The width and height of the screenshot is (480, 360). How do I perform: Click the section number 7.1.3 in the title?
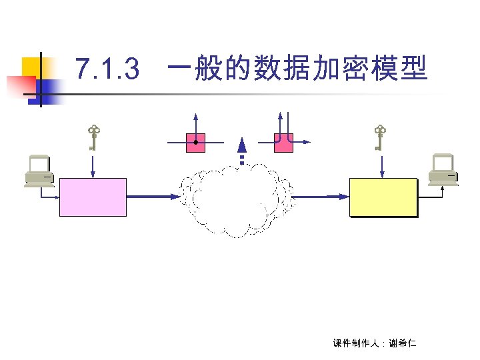(107, 67)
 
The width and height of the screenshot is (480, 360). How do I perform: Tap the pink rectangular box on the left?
(93, 197)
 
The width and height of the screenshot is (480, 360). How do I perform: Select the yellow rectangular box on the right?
(383, 197)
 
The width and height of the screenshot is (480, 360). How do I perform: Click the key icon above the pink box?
(93, 137)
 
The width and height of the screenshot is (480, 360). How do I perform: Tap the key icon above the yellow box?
(380, 137)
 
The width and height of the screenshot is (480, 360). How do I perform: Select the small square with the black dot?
(195, 143)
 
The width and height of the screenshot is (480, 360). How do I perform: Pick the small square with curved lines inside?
(283, 143)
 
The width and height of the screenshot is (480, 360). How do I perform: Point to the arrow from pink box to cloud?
(152, 197)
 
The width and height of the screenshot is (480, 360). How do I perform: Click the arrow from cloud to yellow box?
(320, 197)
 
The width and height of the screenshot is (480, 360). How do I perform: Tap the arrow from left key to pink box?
(93, 165)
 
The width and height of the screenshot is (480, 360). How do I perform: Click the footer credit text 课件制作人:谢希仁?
(373, 343)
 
